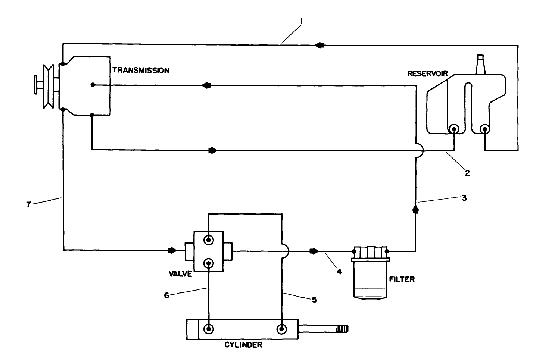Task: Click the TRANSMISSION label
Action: pyautogui.click(x=141, y=70)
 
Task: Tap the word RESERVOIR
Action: pyautogui.click(x=427, y=73)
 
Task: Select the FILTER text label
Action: pyautogui.click(x=402, y=279)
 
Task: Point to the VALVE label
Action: pyautogui.click(x=180, y=274)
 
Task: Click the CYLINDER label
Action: pyautogui.click(x=243, y=345)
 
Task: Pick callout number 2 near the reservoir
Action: pyautogui.click(x=467, y=173)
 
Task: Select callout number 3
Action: pyautogui.click(x=464, y=198)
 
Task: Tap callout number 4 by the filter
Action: pyautogui.click(x=339, y=272)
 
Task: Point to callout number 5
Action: pyautogui.click(x=314, y=300)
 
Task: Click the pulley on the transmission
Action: pyautogui.click(x=48, y=87)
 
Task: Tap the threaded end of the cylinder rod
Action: pyautogui.click(x=342, y=329)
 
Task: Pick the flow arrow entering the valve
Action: pyautogui.click(x=173, y=250)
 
